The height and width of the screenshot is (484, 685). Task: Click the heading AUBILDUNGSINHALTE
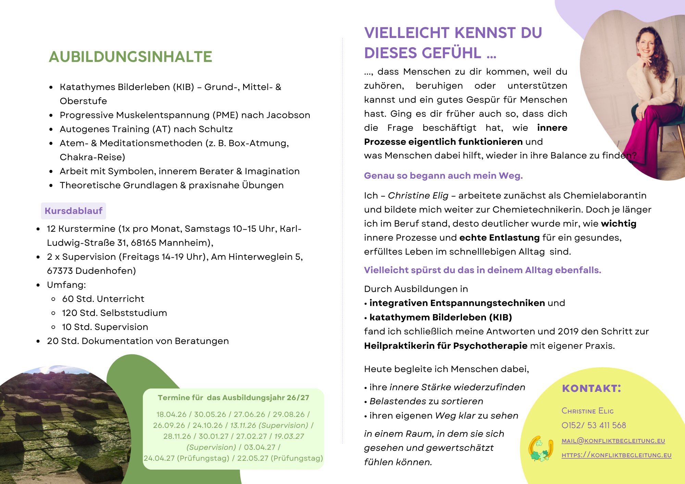point(130,57)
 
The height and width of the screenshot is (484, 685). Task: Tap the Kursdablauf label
point(73,211)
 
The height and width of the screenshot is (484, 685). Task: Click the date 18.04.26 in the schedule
point(171,415)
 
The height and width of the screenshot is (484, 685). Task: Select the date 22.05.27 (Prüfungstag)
point(280,458)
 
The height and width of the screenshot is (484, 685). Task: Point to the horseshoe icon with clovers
point(540,448)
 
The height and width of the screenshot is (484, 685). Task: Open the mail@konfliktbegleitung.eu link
point(613,441)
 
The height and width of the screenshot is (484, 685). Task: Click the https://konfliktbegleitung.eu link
point(616,455)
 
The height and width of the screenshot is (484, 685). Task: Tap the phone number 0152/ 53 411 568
point(594,425)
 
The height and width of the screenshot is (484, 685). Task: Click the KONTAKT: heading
point(591,389)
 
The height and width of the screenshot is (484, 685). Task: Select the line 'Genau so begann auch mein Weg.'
point(443,176)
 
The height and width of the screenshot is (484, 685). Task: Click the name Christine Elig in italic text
point(418,195)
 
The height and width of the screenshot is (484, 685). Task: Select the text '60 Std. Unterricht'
point(103,299)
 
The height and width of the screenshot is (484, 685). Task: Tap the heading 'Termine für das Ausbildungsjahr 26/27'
point(233,398)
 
